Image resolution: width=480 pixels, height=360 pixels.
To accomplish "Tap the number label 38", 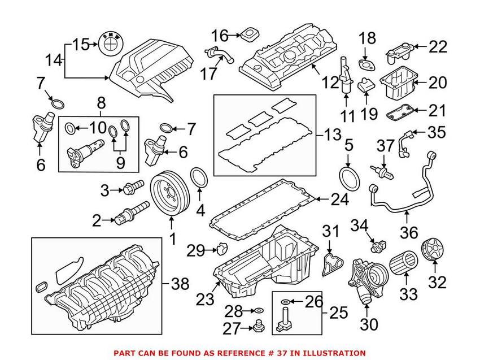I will pos(181,285).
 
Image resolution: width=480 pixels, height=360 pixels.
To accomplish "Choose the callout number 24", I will pos(339,199).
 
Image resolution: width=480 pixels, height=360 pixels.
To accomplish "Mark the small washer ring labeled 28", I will pos(257,310).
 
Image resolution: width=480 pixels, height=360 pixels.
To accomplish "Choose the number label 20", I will pos(437,83).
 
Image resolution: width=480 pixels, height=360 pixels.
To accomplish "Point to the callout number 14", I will pos(55,59).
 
